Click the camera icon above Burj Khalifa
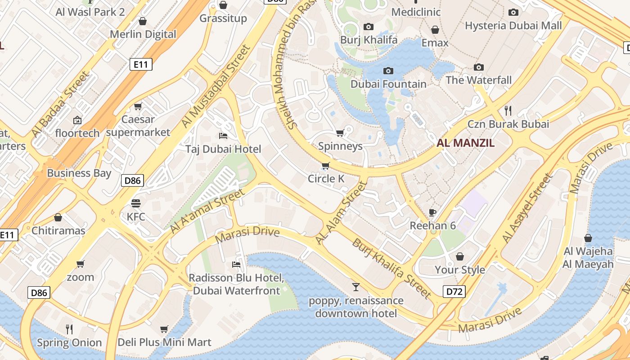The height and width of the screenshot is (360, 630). point(369,27)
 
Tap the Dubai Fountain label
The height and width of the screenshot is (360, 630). point(388,84)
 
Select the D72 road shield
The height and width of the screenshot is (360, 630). point(454,292)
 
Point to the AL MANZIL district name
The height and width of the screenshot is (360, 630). point(466,143)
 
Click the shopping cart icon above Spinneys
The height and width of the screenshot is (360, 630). point(340,133)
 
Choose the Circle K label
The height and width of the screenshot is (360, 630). point(326,179)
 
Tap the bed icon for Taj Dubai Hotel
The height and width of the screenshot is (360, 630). point(223,135)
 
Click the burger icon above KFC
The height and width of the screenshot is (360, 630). point(136,203)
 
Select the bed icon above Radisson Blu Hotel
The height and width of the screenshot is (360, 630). point(236,264)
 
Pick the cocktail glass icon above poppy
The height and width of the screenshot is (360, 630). point(356,287)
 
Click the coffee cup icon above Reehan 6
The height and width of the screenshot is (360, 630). point(432,212)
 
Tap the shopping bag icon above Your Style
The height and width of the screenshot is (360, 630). point(459,256)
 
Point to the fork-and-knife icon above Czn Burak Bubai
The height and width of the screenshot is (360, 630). point(508,110)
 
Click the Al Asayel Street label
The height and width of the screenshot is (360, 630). point(526,208)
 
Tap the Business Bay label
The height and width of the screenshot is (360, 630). point(79,173)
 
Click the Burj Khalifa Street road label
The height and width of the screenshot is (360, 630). point(391,268)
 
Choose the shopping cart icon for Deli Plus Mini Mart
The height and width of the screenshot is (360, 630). point(164,329)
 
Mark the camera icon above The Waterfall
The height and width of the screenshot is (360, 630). point(479,67)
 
